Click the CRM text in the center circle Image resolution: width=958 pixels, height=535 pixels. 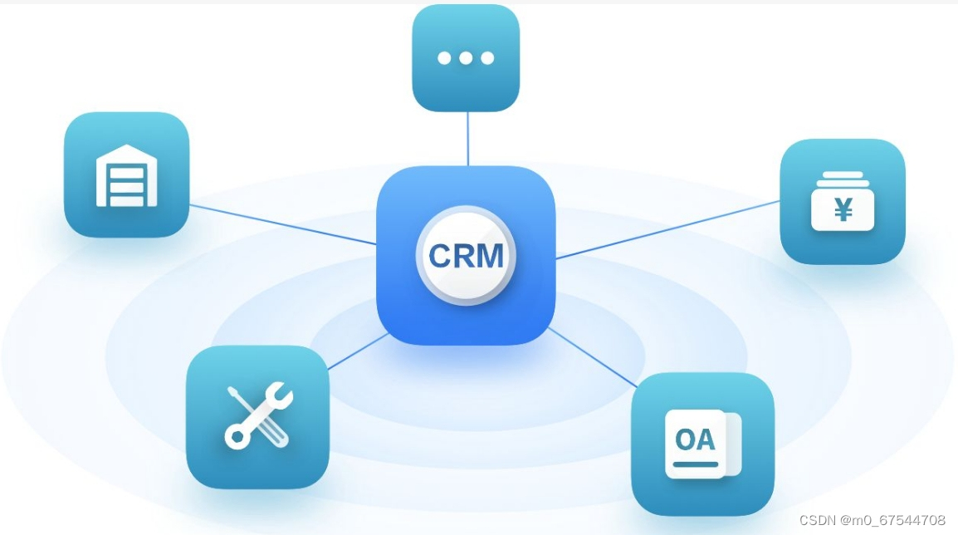pyautogui.click(x=466, y=255)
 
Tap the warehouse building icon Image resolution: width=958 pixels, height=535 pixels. pyautogui.click(x=126, y=175)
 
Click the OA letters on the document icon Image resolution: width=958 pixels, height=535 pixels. pyautogui.click(x=695, y=439)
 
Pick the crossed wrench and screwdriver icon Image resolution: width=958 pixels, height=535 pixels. pyautogui.click(x=257, y=415)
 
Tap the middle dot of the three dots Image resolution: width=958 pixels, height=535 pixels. pyautogui.click(x=466, y=58)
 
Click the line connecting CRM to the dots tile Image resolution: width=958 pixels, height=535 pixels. pyautogui.click(x=467, y=139)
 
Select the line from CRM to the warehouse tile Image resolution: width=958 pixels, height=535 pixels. pyautogui.click(x=282, y=224)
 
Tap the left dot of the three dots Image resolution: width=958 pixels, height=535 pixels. pyautogui.click(x=444, y=58)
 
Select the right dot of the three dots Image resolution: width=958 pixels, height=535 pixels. pyautogui.click(x=487, y=58)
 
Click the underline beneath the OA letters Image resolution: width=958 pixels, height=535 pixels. pyautogui.click(x=695, y=464)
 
